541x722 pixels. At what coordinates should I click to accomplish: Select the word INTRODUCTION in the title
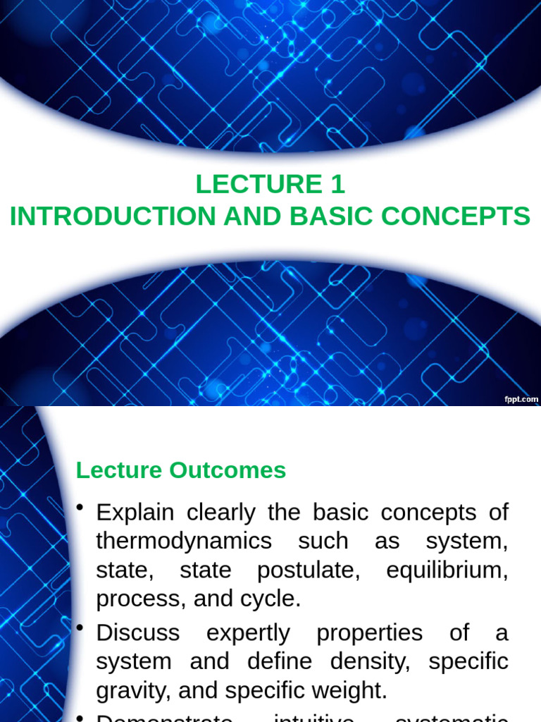click(x=113, y=216)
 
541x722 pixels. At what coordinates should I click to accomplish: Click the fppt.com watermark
click(x=521, y=399)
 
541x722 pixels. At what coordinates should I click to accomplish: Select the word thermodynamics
click(x=184, y=541)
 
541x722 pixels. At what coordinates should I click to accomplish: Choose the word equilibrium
click(x=447, y=570)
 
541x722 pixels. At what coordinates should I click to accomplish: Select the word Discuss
click(x=138, y=633)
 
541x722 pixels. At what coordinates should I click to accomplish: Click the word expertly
click(x=248, y=633)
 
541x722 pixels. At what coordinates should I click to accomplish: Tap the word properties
click(x=370, y=633)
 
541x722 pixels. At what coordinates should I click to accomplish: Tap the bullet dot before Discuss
click(x=82, y=628)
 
